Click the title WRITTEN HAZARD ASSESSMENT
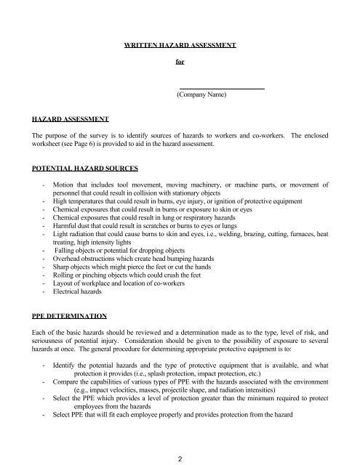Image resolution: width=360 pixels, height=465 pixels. tap(180, 45)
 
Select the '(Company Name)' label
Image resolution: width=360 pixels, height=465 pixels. tap(202, 95)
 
